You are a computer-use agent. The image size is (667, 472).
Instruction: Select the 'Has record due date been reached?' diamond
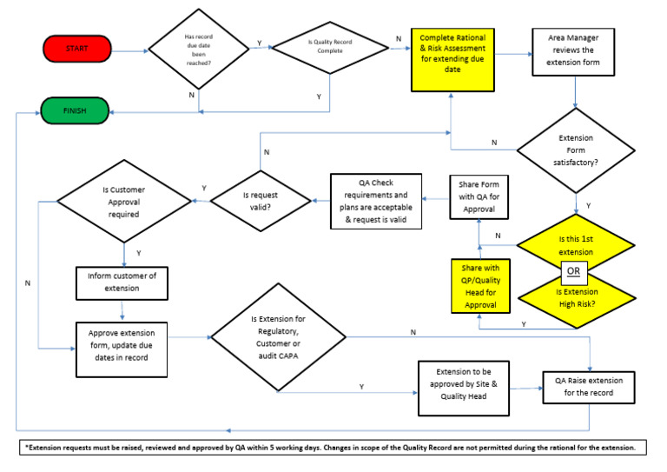[x=200, y=50]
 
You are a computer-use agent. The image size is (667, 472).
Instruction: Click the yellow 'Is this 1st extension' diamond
[x=575, y=243]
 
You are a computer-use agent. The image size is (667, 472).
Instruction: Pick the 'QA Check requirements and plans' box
[x=375, y=201]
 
